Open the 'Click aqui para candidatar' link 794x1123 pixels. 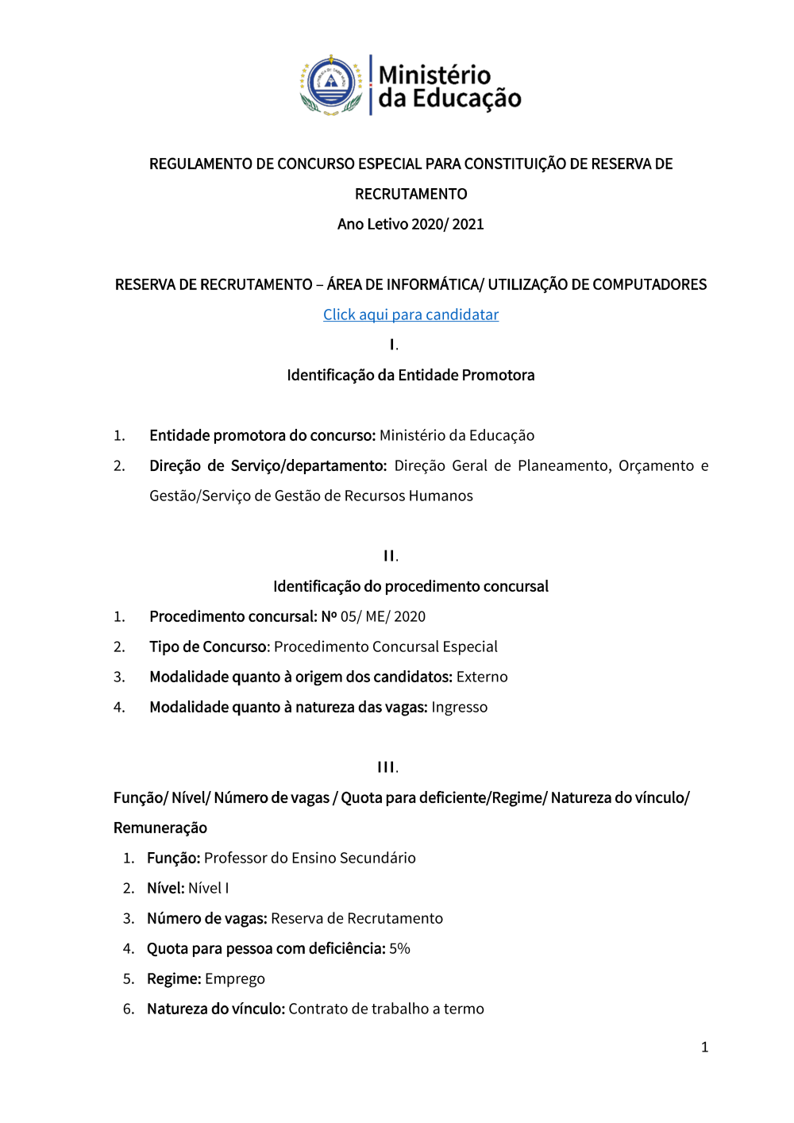pos(410,315)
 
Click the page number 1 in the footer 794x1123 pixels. pos(704,1047)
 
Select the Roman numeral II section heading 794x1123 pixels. pos(391,556)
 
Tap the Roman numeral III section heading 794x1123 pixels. pos(387,767)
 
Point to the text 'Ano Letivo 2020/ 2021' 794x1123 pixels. pos(410,224)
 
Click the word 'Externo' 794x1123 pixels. pos(482,677)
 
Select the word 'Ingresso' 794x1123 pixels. pos(459,707)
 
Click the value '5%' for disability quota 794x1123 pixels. pos(399,948)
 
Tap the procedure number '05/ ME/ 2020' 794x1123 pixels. pos(383,616)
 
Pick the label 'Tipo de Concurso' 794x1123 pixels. pos(208,646)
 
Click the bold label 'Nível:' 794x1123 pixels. pos(165,888)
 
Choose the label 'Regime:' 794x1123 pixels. pos(174,978)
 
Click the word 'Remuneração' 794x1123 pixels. pos(160,828)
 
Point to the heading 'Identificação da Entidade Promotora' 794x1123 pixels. pos(410,375)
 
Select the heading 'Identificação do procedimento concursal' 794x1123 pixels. pos(410,586)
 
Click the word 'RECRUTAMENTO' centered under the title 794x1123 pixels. pos(410,194)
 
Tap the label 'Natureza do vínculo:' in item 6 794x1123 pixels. pos(215,1009)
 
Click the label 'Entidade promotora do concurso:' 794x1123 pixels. pos(262,435)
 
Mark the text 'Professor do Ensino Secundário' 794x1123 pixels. pos(310,858)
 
